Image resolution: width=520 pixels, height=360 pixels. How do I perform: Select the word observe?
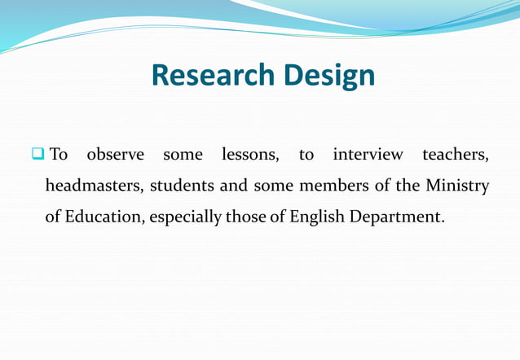click(x=115, y=155)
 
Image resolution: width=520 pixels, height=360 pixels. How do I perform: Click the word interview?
click(x=368, y=155)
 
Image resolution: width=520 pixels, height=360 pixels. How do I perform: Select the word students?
click(x=183, y=187)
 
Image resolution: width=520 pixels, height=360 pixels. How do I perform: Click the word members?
click(x=333, y=187)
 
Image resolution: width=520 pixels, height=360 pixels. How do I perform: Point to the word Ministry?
click(x=457, y=187)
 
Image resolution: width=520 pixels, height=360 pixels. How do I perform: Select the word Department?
click(x=398, y=218)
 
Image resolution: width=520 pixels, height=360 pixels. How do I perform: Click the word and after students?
click(x=234, y=187)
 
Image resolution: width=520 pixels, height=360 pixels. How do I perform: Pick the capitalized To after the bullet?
click(x=59, y=155)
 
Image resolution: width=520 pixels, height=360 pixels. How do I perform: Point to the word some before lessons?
click(x=183, y=155)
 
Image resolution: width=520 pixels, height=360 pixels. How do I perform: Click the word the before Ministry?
click(x=408, y=187)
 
